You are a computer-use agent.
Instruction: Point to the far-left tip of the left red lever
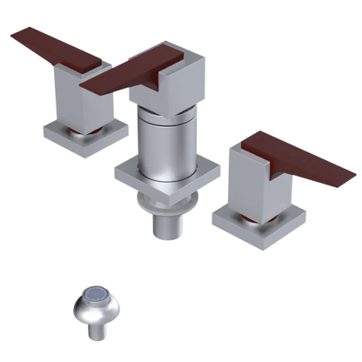10,33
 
